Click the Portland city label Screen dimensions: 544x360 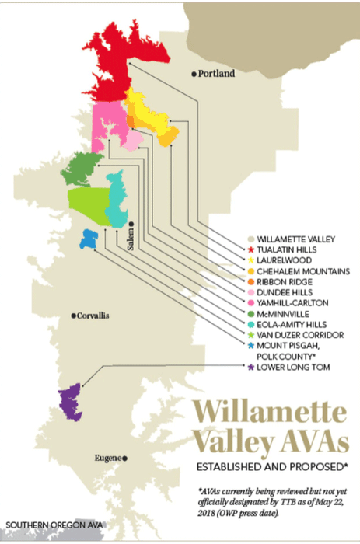pos(216,75)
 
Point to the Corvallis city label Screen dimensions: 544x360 pos(95,316)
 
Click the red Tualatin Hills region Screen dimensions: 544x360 pos(117,58)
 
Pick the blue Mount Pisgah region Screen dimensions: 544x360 pos(88,239)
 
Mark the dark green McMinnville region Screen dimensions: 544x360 pos(82,169)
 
